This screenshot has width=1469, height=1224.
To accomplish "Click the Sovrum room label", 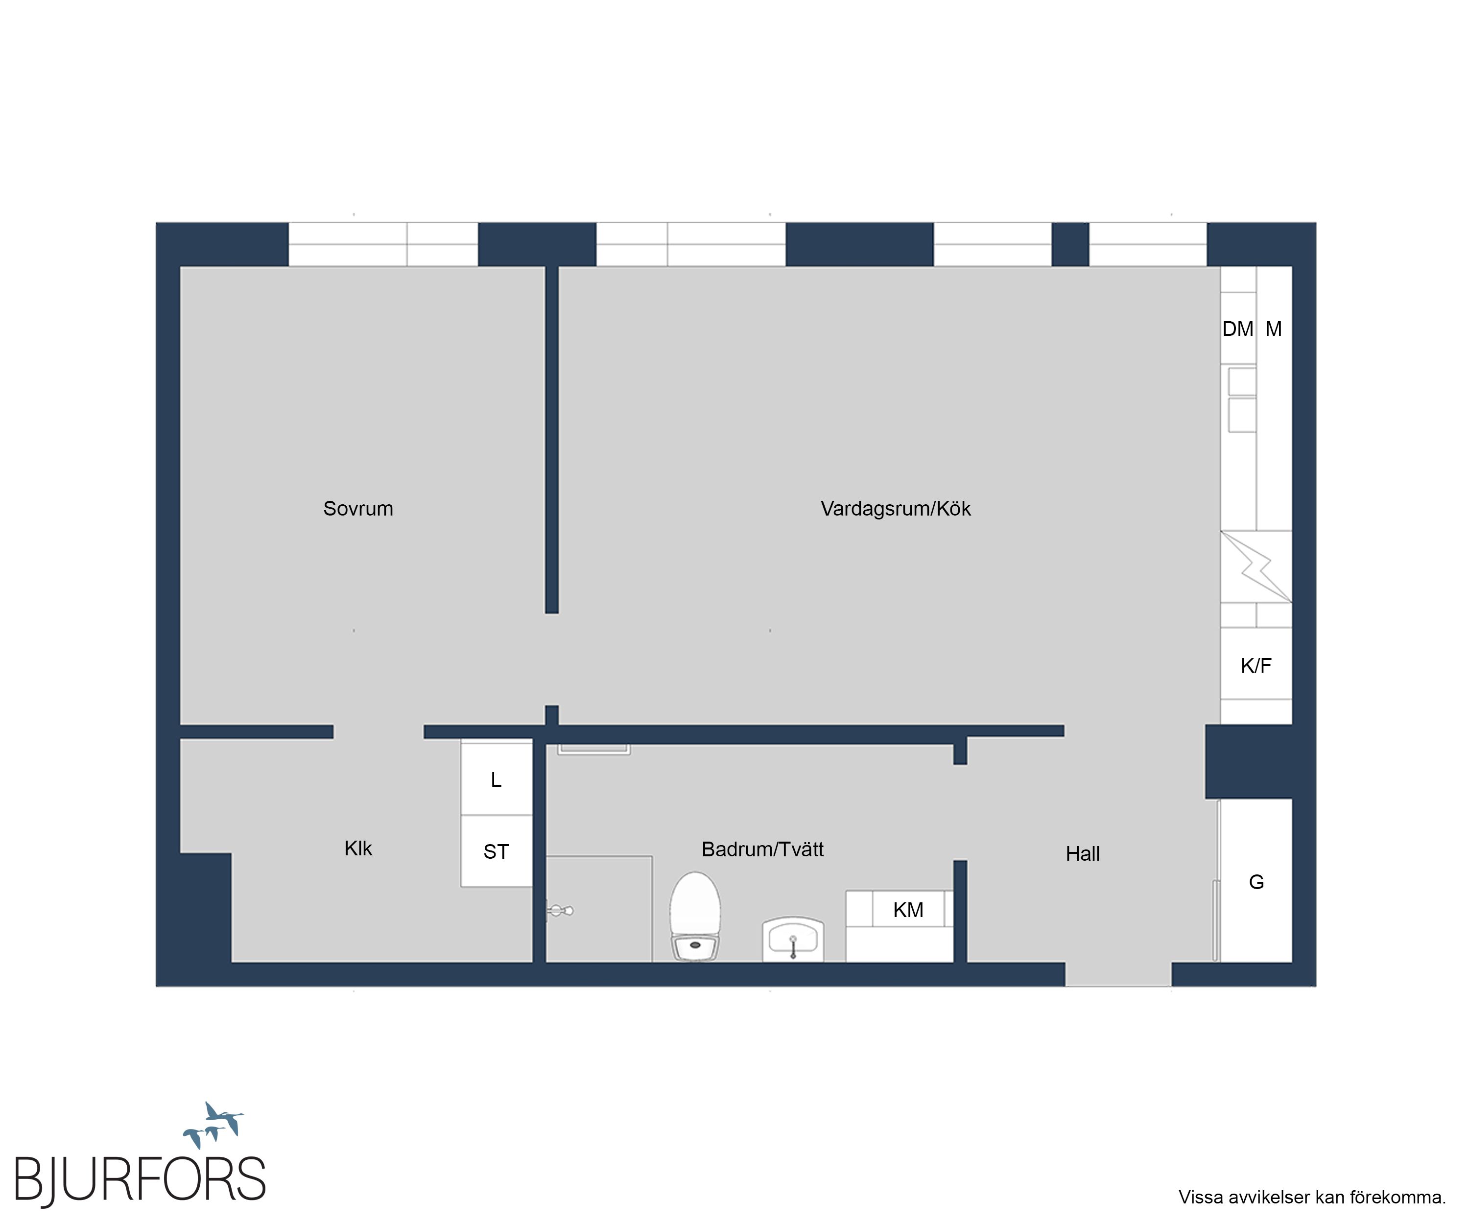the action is (358, 509).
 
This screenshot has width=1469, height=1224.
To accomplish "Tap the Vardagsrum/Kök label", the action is (896, 509).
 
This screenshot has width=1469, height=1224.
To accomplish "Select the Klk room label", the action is (358, 848).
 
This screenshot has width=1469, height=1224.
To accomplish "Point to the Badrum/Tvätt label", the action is (762, 849).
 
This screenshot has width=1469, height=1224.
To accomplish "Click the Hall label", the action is (1083, 853).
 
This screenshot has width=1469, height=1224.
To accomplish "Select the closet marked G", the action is (1256, 881).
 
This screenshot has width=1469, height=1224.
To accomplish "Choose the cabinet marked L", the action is (496, 778).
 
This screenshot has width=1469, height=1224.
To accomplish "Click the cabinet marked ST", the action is (496, 851).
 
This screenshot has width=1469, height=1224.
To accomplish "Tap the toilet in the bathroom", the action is (695, 916).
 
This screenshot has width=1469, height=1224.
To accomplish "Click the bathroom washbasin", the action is (793, 940).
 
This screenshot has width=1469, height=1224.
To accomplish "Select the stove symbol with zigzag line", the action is (1256, 566).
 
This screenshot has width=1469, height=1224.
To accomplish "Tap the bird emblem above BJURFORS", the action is (213, 1124).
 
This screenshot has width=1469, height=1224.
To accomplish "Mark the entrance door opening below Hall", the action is (1118, 974).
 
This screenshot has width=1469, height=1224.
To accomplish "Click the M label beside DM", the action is (1273, 329).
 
